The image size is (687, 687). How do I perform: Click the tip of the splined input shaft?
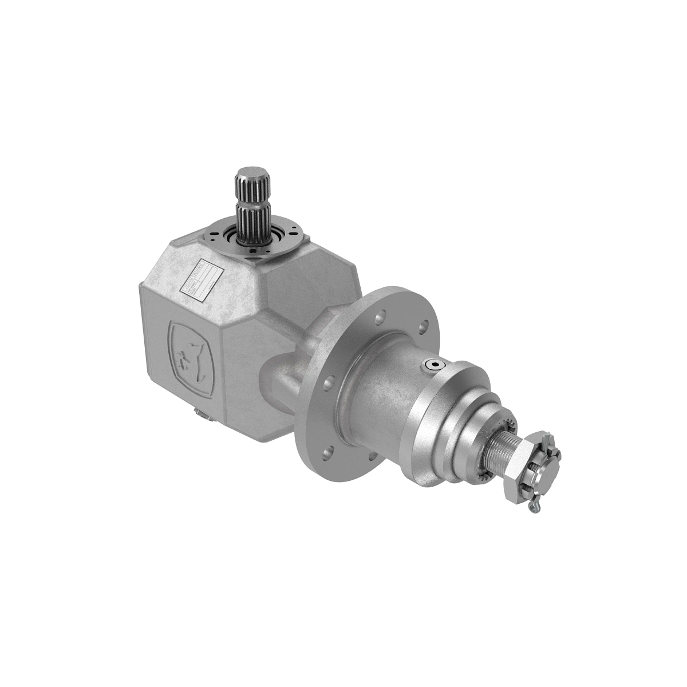250,172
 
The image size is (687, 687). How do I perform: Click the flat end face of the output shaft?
547,458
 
